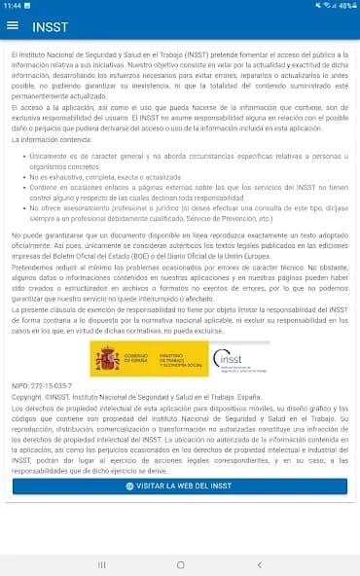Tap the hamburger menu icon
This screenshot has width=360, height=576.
(x=13, y=26)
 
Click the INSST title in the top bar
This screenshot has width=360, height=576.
(x=50, y=26)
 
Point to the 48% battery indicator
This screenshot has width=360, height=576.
(x=344, y=6)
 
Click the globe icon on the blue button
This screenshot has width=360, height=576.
(x=131, y=486)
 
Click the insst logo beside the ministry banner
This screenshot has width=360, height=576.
(x=235, y=360)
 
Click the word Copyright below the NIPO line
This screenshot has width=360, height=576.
(x=27, y=399)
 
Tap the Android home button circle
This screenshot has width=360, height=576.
(x=180, y=564)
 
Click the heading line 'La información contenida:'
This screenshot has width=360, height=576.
(x=49, y=140)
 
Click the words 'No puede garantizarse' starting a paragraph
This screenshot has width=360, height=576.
(x=45, y=235)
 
